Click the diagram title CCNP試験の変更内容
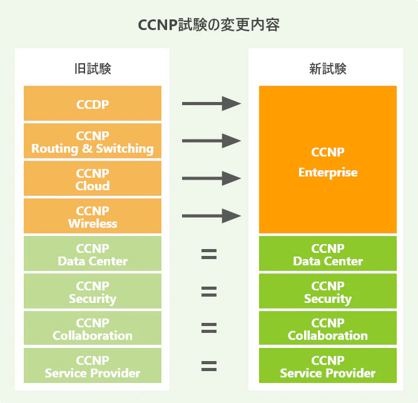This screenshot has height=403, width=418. pyautogui.click(x=208, y=26)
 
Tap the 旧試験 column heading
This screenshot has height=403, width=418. pyautogui.click(x=93, y=69)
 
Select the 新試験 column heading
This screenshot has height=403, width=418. pyautogui.click(x=328, y=69)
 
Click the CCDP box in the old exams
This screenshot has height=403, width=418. pyautogui.click(x=93, y=104)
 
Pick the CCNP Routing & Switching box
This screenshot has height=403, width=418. pyautogui.click(x=93, y=141)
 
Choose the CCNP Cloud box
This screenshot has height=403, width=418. pyautogui.click(x=93, y=179)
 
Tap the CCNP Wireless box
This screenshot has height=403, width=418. pyautogui.click(x=93, y=217)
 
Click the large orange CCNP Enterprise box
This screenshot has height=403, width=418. pyautogui.click(x=328, y=160)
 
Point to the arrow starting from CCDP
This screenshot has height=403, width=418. pyautogui.click(x=211, y=104)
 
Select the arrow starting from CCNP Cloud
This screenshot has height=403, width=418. pyautogui.click(x=211, y=179)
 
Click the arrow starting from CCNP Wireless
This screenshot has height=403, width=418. pyautogui.click(x=211, y=217)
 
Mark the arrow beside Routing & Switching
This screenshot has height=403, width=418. pyautogui.click(x=211, y=141)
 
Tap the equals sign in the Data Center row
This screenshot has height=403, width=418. pyautogui.click(x=209, y=254)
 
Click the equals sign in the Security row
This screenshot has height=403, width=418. pyautogui.click(x=209, y=291)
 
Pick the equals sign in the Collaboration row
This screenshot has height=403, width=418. pyautogui.click(x=209, y=329)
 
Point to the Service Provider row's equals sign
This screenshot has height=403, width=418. pyautogui.click(x=209, y=366)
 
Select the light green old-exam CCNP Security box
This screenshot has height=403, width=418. pyautogui.click(x=93, y=292)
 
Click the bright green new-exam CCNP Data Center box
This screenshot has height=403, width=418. pyautogui.click(x=328, y=254)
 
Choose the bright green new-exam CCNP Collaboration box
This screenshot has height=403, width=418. pyautogui.click(x=328, y=329)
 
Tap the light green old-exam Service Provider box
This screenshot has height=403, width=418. pyautogui.click(x=93, y=366)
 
